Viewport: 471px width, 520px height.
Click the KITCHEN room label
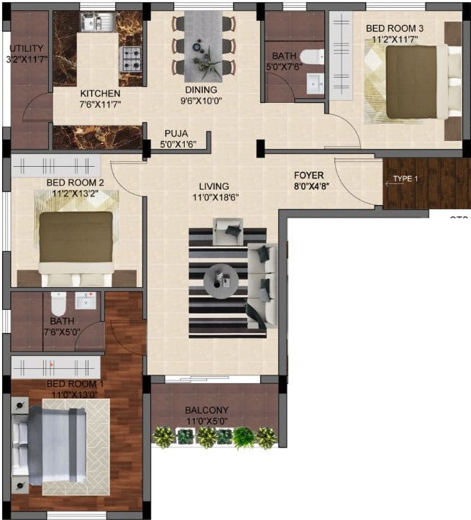pyautogui.click(x=100, y=93)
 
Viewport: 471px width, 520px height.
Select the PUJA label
pyautogui.click(x=175, y=133)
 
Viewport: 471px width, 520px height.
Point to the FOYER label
pyautogui.click(x=308, y=175)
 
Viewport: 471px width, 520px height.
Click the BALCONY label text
pyautogui.click(x=206, y=411)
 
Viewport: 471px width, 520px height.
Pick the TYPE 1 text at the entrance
pyautogui.click(x=405, y=179)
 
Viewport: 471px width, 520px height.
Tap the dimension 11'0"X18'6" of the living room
pyautogui.click(x=215, y=197)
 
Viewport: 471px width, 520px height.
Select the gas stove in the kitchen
pyautogui.click(x=130, y=60)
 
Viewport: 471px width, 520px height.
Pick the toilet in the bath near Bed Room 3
pyautogui.click(x=310, y=55)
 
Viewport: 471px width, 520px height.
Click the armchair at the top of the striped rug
pyautogui.click(x=230, y=233)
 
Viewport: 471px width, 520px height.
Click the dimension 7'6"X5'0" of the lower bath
pyautogui.click(x=60, y=332)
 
